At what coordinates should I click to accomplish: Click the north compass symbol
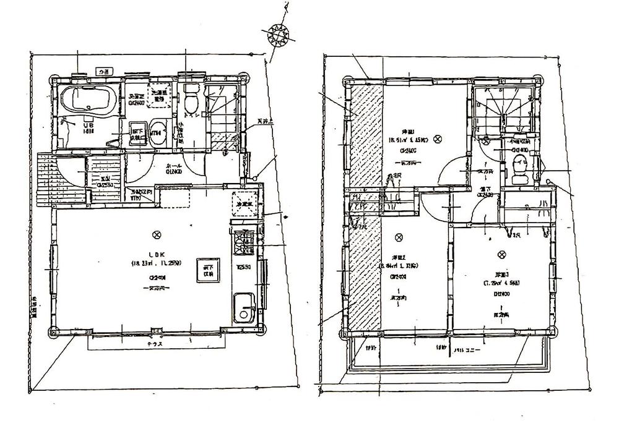click(x=278, y=34)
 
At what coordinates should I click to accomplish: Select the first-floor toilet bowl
click(x=191, y=99)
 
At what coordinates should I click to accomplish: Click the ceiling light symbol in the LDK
click(x=157, y=234)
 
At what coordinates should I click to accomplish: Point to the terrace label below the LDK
click(x=155, y=344)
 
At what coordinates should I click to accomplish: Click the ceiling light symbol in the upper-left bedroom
click(x=438, y=139)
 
